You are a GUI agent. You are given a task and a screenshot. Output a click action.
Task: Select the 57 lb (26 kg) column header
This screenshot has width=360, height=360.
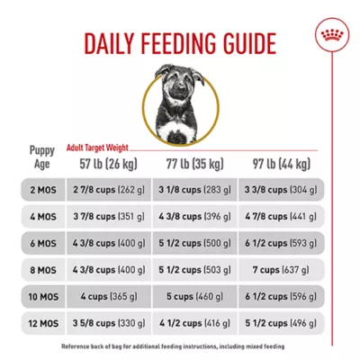[109, 165]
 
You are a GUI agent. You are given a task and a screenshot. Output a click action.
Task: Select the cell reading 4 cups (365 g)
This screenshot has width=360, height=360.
[109, 294]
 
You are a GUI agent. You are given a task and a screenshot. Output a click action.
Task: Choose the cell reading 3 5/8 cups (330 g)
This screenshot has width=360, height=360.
[109, 320]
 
